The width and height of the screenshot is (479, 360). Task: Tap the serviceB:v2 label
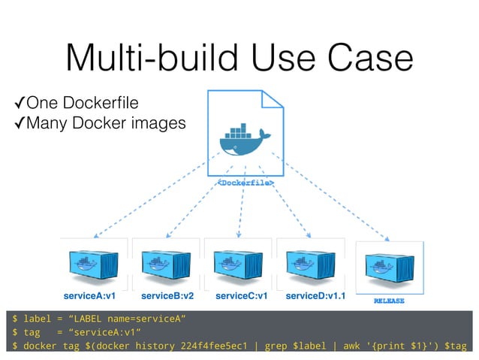[x=167, y=296]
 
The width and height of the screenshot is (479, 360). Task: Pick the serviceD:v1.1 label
[x=315, y=296]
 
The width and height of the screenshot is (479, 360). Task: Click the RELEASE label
[x=389, y=301]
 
